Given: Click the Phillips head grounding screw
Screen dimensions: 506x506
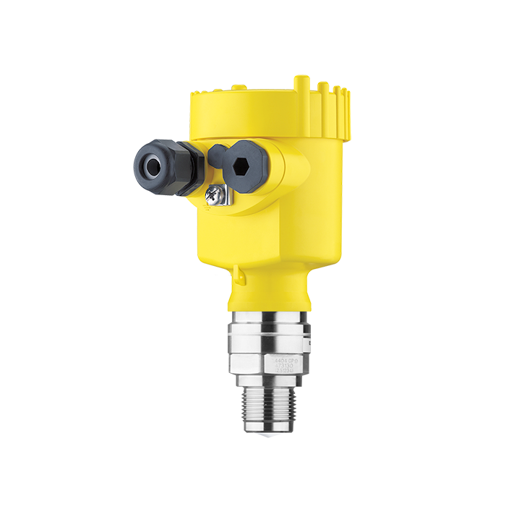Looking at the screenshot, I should tap(215, 192).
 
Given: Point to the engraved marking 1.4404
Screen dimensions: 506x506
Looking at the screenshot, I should tap(282, 359).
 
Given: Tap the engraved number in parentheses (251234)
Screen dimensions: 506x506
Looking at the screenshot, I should tap(283, 372).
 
